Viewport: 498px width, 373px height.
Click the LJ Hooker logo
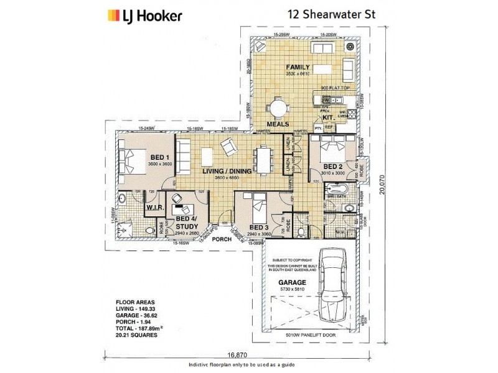tap(144, 15)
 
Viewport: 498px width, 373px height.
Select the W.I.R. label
tap(154, 207)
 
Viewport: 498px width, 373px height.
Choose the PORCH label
tap(221, 239)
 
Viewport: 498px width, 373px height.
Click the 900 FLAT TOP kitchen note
tap(337, 88)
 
